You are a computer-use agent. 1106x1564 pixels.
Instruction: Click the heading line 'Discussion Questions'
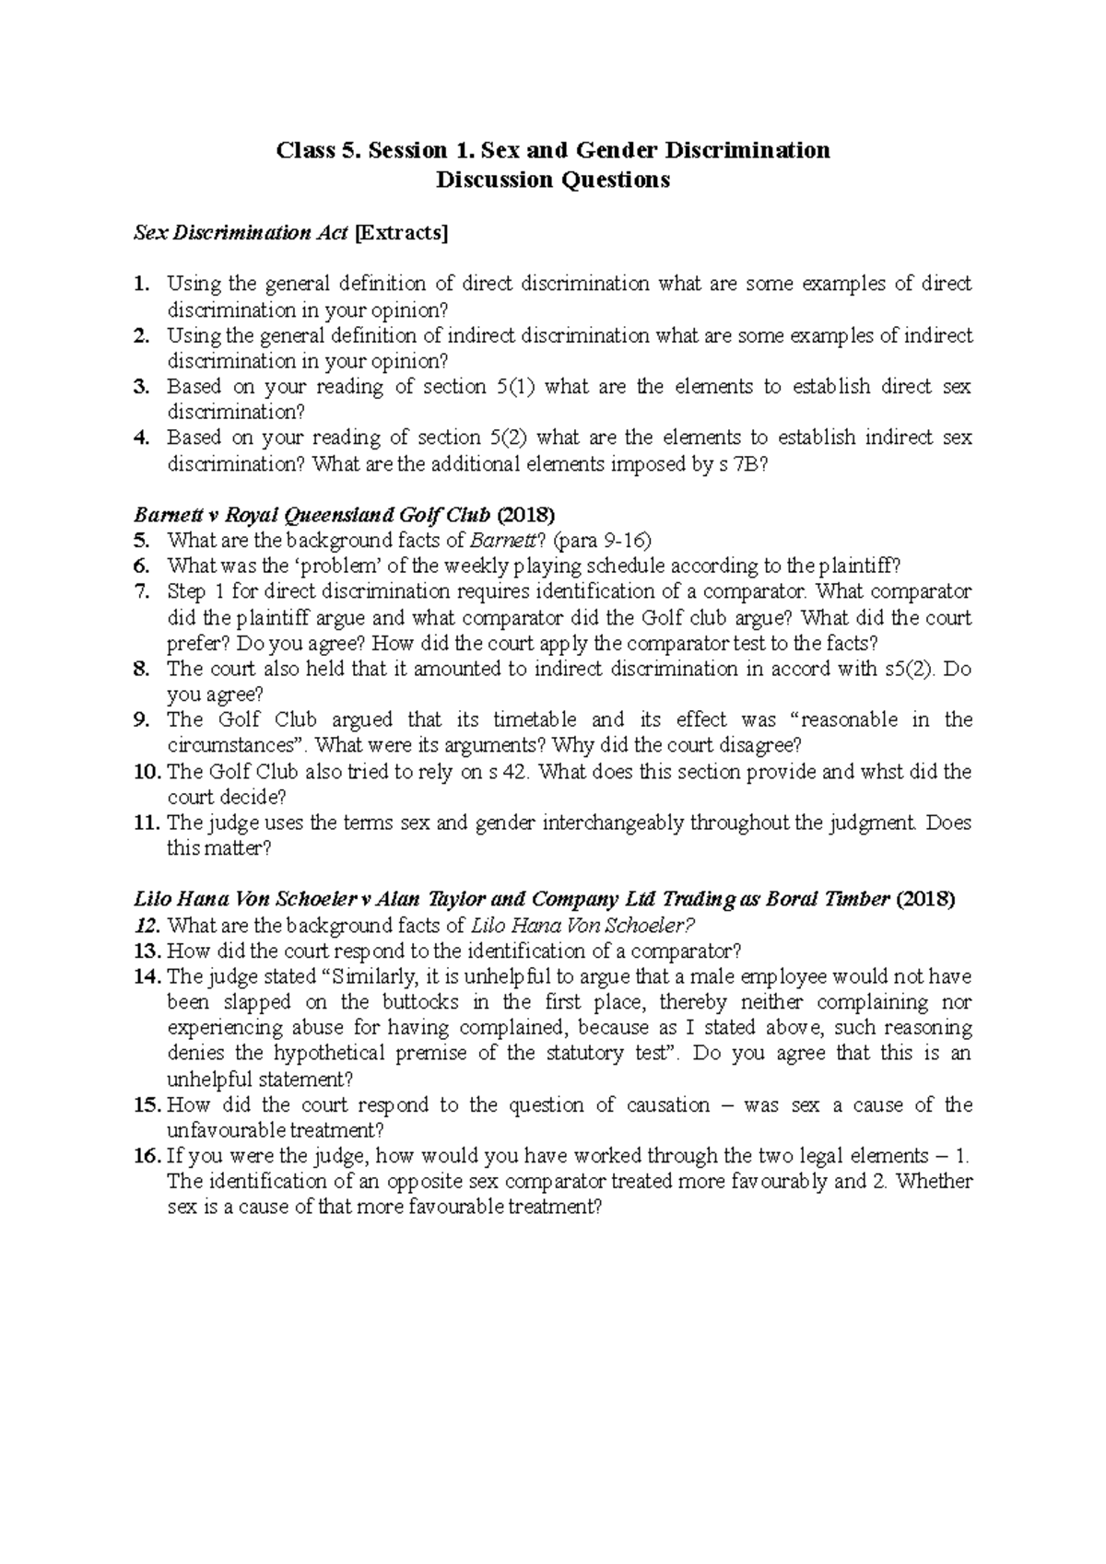tap(553, 181)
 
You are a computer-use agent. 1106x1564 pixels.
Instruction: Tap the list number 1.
tap(140, 284)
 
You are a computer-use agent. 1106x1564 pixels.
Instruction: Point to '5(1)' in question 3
tap(512, 387)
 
